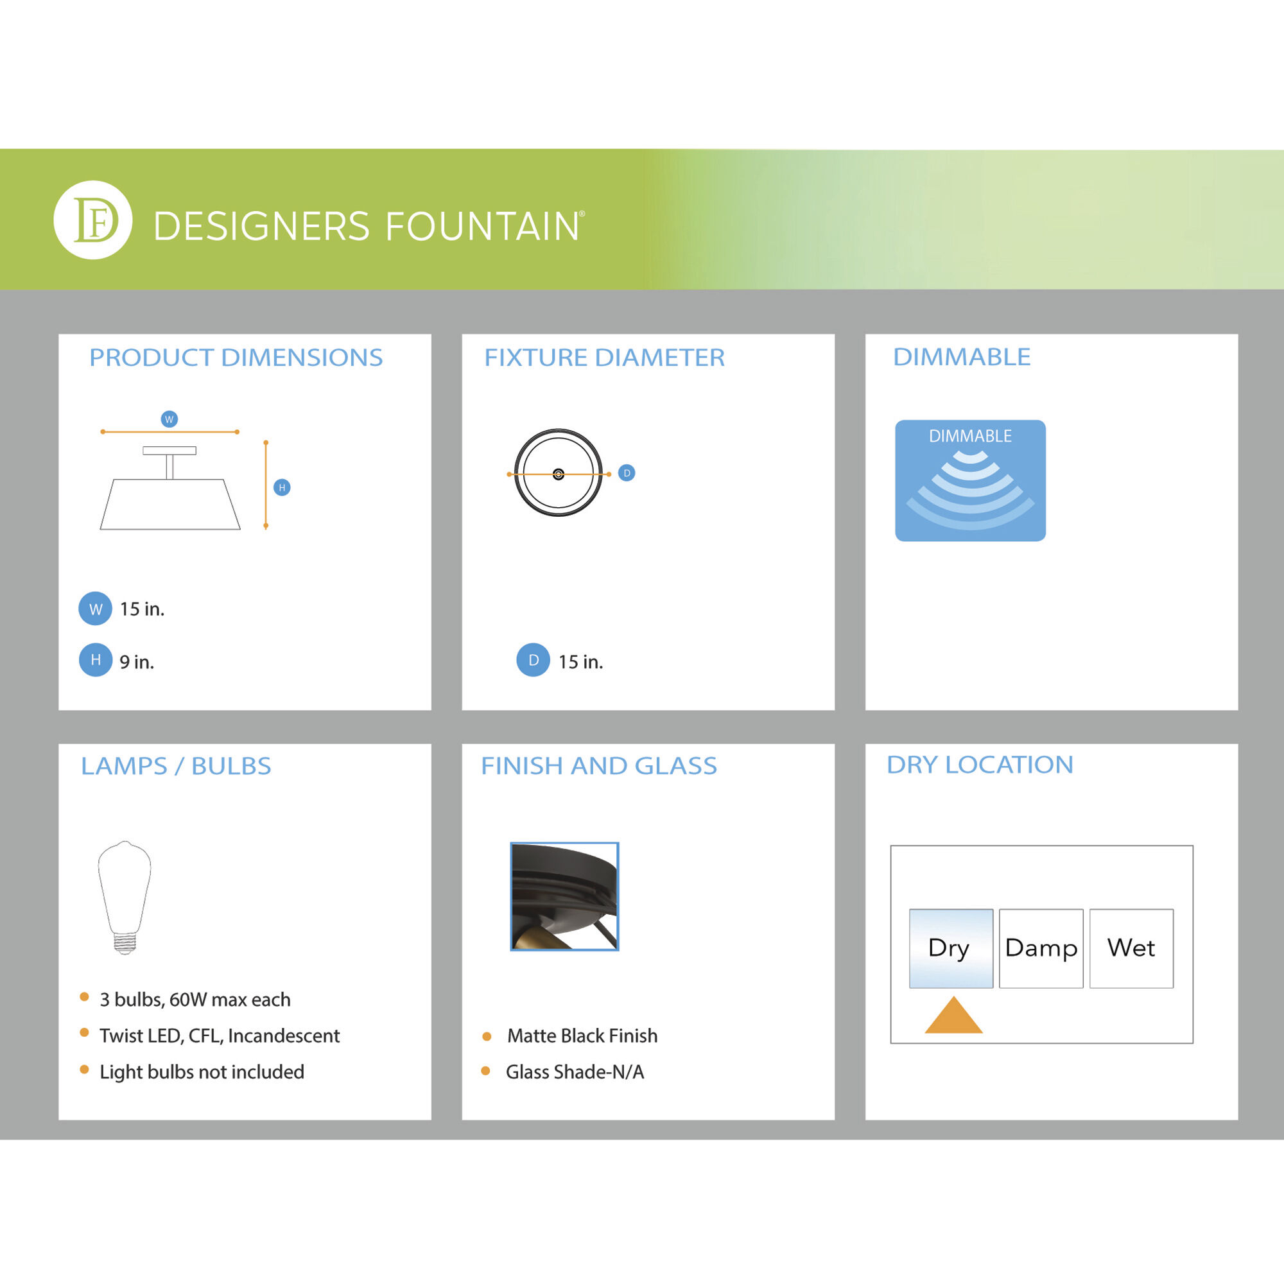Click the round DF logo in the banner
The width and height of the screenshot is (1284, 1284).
(x=93, y=220)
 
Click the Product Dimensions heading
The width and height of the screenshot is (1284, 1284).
(x=236, y=358)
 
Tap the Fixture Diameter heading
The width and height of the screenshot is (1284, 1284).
(x=604, y=358)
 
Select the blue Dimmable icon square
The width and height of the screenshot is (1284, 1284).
(x=970, y=480)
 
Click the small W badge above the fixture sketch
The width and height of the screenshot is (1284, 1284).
(x=169, y=419)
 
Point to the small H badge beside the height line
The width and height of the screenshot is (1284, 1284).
(x=282, y=488)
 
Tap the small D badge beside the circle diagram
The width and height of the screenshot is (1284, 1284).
(x=627, y=473)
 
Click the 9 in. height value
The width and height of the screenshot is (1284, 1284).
(x=137, y=662)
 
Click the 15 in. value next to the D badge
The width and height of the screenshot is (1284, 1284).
(x=581, y=662)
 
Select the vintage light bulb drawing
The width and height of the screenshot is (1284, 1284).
(x=125, y=898)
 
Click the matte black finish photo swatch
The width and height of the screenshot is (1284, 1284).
(x=564, y=896)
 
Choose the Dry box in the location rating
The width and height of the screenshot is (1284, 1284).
(x=951, y=948)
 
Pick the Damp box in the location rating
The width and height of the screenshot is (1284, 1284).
(x=1041, y=948)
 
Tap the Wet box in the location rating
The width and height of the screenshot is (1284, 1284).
(x=1131, y=948)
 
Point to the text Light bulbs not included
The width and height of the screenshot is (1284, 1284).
(x=202, y=1072)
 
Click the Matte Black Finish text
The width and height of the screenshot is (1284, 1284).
(x=582, y=1036)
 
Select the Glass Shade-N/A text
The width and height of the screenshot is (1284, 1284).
(x=575, y=1072)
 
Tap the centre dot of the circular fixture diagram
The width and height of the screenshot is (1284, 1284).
(x=559, y=474)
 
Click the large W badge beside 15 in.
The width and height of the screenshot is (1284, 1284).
(x=95, y=609)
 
